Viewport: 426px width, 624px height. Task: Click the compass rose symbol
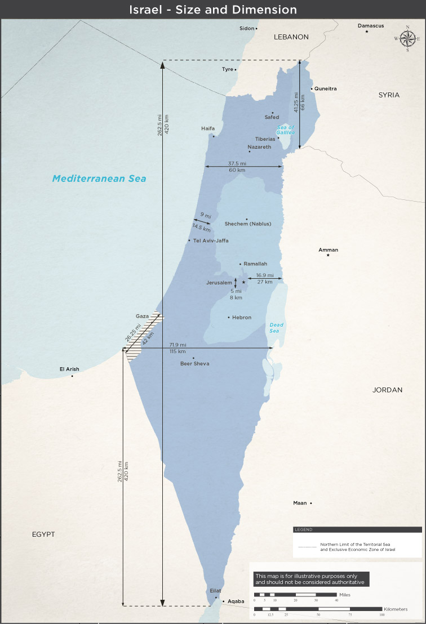point(408,38)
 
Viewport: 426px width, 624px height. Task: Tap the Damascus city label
point(371,26)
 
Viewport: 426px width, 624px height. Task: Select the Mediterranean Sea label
point(99,179)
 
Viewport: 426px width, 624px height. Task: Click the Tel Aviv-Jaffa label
point(211,240)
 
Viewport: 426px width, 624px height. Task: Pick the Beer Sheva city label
point(194,364)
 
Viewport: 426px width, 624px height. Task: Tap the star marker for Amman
point(328,256)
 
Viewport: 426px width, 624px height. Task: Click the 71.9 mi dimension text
point(177,344)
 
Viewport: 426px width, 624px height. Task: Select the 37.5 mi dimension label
point(237,163)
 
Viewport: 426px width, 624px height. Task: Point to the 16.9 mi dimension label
point(265,275)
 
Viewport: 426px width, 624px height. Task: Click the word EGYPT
point(43,534)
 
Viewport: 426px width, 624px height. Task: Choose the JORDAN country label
point(387,390)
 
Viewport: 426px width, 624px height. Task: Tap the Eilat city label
point(215,590)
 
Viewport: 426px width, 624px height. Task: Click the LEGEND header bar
point(357,529)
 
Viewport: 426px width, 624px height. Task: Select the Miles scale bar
point(295,595)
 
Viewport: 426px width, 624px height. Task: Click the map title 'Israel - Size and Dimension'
point(213,10)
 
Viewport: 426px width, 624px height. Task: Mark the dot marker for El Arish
point(72,376)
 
